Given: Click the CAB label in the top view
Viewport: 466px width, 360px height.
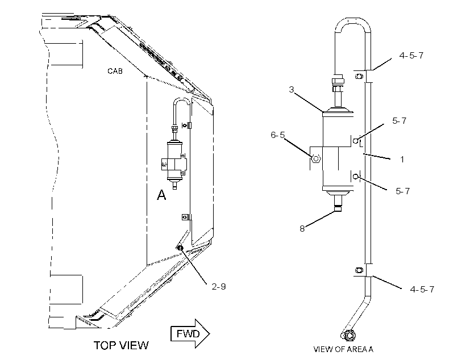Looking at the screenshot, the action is click(115, 71).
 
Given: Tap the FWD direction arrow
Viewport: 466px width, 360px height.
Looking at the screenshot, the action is click(190, 333).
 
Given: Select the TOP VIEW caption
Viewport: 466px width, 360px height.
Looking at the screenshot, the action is click(121, 345).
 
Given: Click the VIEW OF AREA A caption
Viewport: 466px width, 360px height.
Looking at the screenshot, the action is click(343, 349).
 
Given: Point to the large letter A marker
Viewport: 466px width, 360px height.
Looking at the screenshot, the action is click(161, 195).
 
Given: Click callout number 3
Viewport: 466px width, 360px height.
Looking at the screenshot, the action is click(292, 89).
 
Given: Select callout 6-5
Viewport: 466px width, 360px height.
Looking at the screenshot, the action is click(277, 135).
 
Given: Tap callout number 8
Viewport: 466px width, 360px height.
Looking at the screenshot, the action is click(302, 228).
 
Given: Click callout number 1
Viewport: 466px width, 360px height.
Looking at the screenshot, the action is click(402, 160).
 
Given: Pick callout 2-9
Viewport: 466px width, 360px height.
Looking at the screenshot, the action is click(219, 286).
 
